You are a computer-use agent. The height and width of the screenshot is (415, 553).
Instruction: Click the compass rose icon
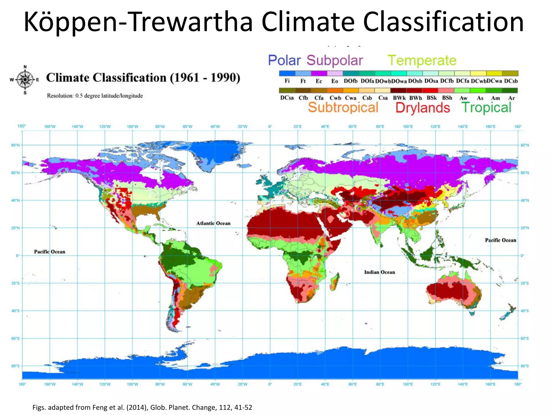point(25,80)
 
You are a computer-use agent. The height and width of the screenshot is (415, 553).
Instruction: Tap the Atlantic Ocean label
point(213,223)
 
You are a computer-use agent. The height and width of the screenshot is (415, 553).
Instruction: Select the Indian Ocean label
point(379,272)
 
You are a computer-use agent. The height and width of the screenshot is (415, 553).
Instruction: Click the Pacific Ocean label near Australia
point(500,240)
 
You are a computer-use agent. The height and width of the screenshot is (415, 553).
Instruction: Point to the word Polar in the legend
point(284,60)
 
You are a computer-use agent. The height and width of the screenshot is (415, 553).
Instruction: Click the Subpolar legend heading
point(335,61)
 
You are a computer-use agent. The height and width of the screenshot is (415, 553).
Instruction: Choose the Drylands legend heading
point(423,108)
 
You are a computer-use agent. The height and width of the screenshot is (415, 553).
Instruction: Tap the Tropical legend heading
point(486,108)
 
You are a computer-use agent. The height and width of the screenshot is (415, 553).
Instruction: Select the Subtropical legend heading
point(343,107)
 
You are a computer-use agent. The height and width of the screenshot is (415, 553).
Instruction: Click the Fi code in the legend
point(287,81)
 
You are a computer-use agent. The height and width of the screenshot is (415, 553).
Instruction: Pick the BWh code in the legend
point(415,98)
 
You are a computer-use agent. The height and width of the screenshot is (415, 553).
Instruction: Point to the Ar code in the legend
point(511,98)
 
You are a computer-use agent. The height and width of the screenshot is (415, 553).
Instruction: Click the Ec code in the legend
point(319,81)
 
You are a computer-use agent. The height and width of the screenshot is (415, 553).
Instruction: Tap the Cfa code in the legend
point(319,98)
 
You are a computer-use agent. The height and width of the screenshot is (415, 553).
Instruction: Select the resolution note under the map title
point(95,96)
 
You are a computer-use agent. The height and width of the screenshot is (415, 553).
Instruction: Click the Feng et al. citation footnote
point(142,407)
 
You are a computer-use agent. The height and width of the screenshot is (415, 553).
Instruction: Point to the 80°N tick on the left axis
point(15,145)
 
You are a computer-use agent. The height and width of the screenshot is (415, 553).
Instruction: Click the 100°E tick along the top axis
point(407,126)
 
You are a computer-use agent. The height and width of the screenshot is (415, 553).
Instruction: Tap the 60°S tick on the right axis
point(525,338)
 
